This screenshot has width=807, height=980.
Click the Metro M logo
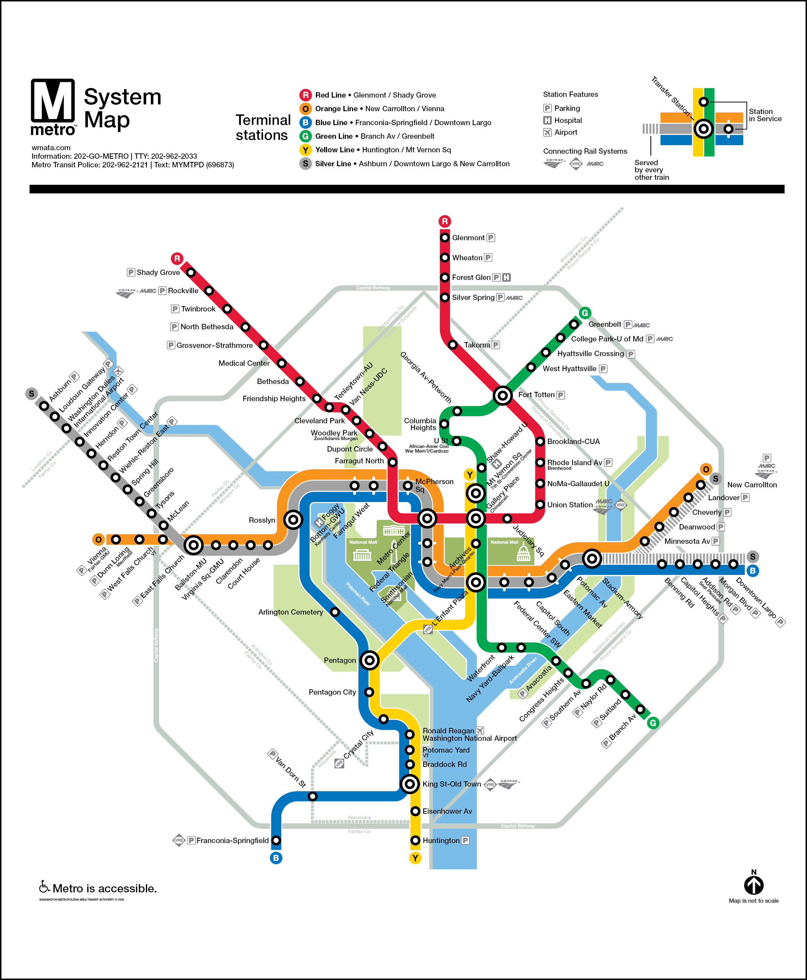click(x=53, y=101)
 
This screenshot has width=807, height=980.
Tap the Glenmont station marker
click(x=445, y=238)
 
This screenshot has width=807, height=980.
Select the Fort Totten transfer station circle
click(x=502, y=395)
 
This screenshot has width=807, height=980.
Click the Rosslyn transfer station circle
click(x=293, y=519)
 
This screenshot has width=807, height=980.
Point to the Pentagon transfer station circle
click(x=370, y=660)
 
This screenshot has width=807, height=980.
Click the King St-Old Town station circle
click(x=410, y=784)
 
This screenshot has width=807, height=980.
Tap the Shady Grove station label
click(x=158, y=272)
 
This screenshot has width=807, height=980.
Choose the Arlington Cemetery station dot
click(x=335, y=612)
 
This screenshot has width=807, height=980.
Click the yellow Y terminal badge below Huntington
click(x=415, y=858)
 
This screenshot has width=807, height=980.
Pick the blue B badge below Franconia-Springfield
click(x=276, y=858)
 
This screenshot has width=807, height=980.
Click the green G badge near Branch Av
click(x=653, y=723)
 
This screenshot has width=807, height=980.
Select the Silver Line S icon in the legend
click(x=306, y=164)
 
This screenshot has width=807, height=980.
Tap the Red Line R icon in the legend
click(x=306, y=95)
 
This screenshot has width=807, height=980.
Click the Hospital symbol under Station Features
click(x=548, y=120)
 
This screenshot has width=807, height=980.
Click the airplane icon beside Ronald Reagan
click(x=480, y=731)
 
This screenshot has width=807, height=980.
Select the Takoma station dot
click(x=453, y=345)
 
